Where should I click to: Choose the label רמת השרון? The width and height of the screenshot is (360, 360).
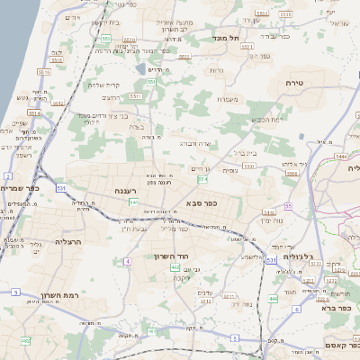tap(60, 295)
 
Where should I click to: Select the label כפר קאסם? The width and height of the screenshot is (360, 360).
tap(341, 346)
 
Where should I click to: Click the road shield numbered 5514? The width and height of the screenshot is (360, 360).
tap(33, 114)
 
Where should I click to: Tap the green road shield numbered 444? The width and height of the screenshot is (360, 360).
tap(274, 298)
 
